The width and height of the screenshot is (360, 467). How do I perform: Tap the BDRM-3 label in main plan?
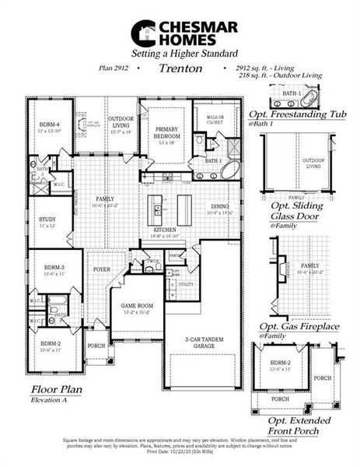53,268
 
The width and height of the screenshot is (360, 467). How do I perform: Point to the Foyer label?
102,271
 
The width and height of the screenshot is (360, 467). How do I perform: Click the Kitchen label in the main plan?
164,230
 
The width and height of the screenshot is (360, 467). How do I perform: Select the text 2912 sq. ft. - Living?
260,68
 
